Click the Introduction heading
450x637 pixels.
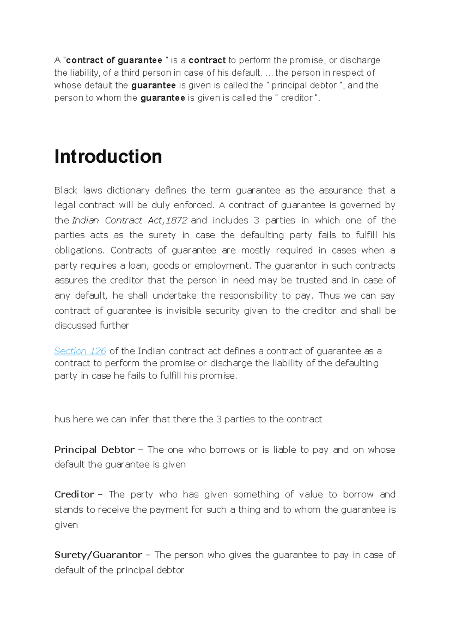[108, 156]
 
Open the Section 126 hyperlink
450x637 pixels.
[80, 351]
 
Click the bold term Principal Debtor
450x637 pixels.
[94, 449]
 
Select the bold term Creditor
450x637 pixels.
[74, 494]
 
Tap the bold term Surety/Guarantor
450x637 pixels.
[98, 555]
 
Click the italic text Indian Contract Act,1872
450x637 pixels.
[129, 220]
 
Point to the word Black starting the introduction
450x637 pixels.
[66, 190]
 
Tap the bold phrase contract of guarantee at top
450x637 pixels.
[114, 60]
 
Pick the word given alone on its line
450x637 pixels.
[66, 525]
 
